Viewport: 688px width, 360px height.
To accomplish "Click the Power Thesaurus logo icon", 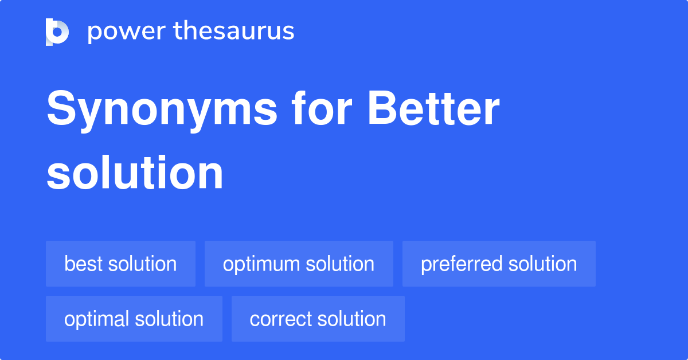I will [57, 32].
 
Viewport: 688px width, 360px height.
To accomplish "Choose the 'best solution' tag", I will [120, 264].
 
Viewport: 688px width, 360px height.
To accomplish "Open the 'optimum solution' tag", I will [299, 264].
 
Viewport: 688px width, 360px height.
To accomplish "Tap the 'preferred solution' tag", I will [499, 264].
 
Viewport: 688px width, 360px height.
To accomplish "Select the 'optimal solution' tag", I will [134, 319].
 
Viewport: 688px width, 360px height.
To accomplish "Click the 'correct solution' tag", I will [318, 319].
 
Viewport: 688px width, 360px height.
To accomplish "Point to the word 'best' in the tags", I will [83, 264].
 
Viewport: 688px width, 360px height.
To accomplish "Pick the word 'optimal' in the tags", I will [96, 319].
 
